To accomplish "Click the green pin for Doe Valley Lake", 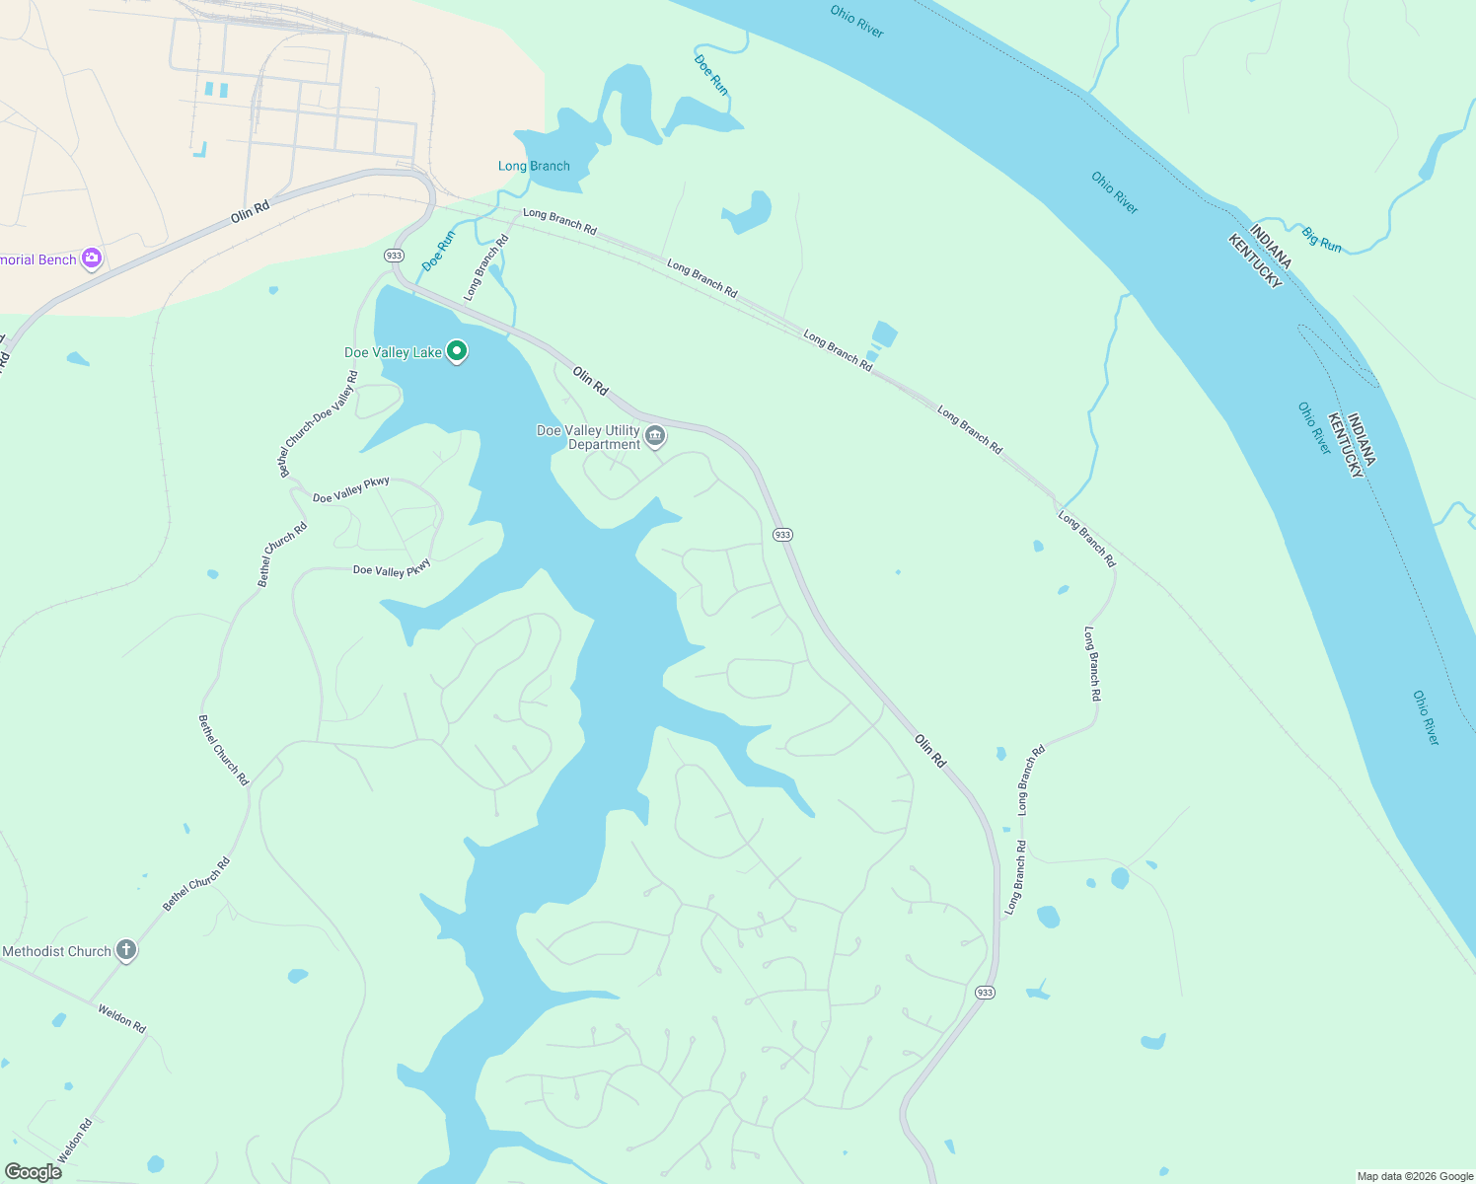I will point(457,350).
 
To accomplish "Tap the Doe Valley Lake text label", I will point(393,352).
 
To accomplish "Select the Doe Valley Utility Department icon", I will point(655,436).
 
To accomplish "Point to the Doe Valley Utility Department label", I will point(589,437).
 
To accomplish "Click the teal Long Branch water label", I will point(534,166).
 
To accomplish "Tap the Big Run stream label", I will point(1321,239).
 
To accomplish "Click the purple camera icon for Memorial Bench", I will point(92,259).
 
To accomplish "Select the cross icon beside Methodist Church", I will point(125,950).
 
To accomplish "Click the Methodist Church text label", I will point(56,951).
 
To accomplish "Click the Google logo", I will point(33,1172).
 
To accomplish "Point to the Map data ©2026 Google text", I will point(1415,1176).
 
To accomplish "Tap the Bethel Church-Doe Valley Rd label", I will point(319,424).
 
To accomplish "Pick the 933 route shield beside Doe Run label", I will point(395,256).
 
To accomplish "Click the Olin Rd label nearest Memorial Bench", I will point(250,211).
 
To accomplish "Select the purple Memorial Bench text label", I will point(38,259).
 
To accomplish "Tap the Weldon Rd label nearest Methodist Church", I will point(121,1017).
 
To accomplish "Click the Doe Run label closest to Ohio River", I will point(710,75).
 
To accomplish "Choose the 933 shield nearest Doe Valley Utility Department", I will point(782,535).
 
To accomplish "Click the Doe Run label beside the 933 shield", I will point(438,251).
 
